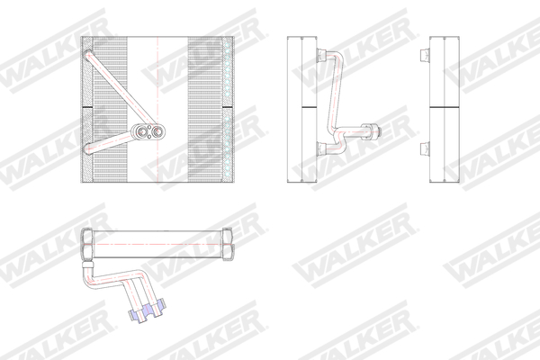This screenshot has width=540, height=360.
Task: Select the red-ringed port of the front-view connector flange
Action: pyautogui.click(x=157, y=132)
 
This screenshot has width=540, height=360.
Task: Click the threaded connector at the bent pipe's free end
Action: pyautogui.click(x=373, y=132)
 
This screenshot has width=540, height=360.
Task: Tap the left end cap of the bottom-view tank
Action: pyautogui.click(x=85, y=242)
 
